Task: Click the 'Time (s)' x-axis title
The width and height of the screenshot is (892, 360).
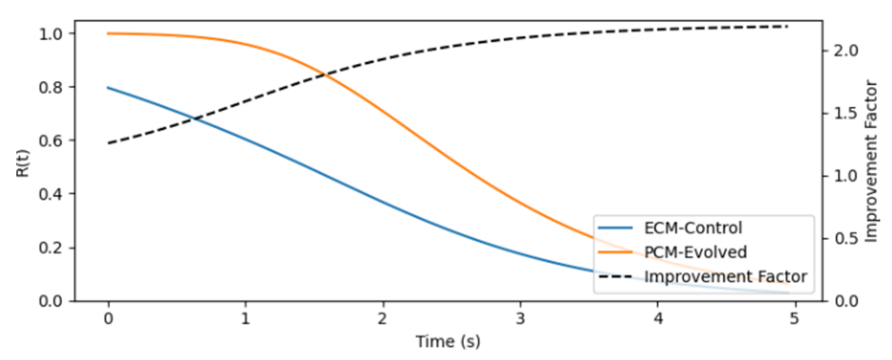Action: [448, 341]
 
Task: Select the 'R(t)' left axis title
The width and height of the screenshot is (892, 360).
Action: [23, 163]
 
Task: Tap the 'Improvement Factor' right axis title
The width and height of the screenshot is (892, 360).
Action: [870, 161]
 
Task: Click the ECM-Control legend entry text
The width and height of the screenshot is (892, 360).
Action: [692, 228]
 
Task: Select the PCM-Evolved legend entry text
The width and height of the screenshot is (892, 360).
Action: [695, 252]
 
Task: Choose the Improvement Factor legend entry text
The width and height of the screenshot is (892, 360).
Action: [725, 277]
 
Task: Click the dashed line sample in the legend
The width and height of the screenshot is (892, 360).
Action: [615, 277]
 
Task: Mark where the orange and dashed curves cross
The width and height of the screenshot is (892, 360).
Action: [324, 74]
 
